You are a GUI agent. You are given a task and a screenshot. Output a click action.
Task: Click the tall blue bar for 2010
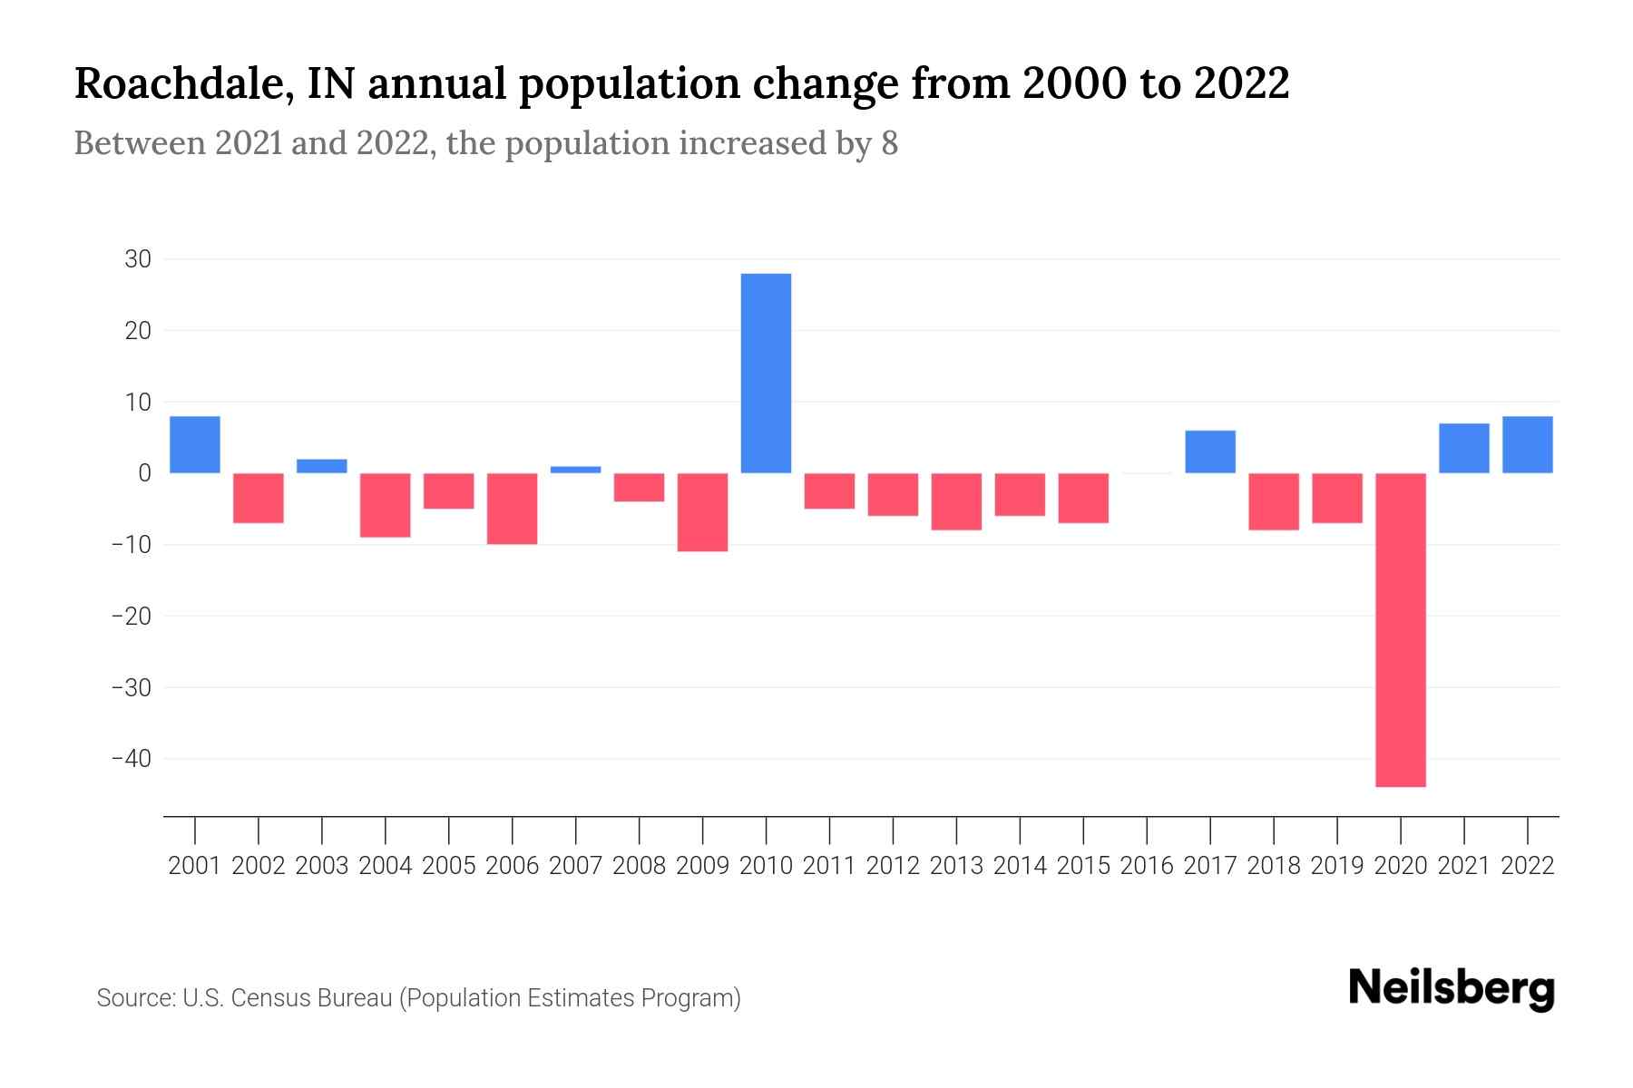(x=766, y=373)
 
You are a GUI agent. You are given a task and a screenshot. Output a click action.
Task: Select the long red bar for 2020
(x=1400, y=629)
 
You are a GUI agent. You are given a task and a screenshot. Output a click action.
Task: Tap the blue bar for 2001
(x=195, y=444)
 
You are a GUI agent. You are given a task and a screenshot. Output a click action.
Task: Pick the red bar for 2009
(x=702, y=511)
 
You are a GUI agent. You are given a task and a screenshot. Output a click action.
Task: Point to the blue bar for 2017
(x=1209, y=452)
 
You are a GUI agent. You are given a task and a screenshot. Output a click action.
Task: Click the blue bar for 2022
(x=1527, y=444)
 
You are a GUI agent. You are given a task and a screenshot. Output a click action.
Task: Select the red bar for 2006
(x=513, y=508)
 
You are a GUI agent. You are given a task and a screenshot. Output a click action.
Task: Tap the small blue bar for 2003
(x=322, y=466)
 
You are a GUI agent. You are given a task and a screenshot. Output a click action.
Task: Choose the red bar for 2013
(x=956, y=500)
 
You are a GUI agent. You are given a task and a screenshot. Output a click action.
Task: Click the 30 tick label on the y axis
(x=138, y=259)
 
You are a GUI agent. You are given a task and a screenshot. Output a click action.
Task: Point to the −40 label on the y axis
(x=131, y=758)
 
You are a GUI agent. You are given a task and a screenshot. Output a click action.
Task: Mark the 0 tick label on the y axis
(x=144, y=473)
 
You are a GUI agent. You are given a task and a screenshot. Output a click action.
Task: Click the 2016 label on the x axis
(x=1147, y=866)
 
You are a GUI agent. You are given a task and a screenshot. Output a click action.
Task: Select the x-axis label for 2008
(x=639, y=866)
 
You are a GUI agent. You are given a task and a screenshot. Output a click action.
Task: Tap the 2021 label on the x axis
(x=1463, y=866)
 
